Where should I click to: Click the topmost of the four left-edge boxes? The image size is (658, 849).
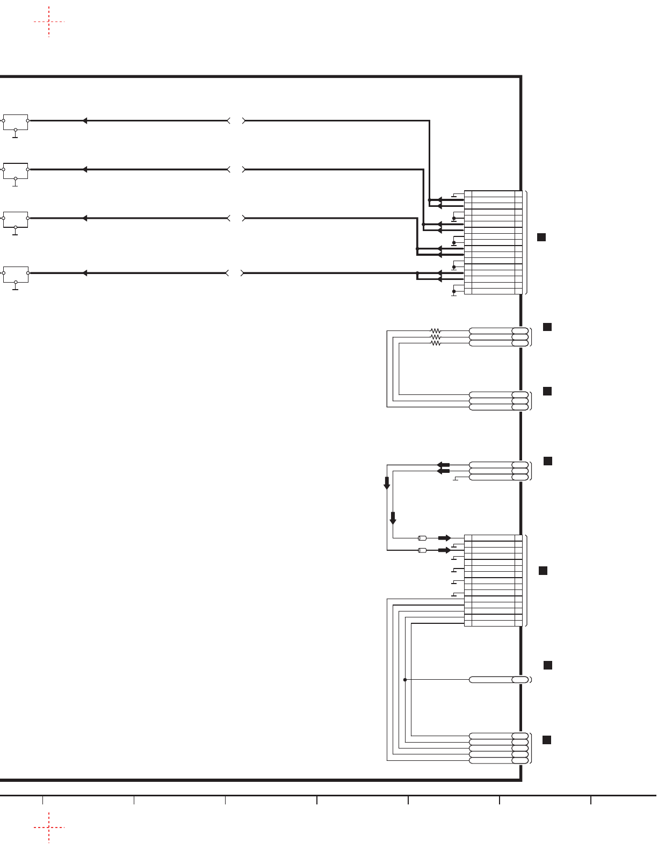tap(16, 121)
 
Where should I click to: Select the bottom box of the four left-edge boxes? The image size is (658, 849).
tap(16, 273)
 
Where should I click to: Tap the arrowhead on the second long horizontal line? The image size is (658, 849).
tap(84, 170)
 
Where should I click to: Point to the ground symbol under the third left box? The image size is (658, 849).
tap(16, 233)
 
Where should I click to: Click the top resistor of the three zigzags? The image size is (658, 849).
tap(436, 331)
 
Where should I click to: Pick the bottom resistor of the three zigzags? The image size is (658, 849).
tap(436, 343)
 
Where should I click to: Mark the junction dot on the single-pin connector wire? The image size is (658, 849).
tap(405, 680)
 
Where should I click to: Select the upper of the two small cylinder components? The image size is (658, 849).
tap(423, 538)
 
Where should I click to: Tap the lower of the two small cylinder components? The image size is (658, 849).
tap(423, 550)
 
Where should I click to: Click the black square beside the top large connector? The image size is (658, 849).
tap(541, 237)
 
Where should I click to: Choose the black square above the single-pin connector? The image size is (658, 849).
tap(548, 665)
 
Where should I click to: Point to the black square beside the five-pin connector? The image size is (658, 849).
tap(547, 740)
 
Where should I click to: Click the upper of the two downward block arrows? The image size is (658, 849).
tap(387, 483)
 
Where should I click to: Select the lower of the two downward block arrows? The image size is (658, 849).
tap(393, 519)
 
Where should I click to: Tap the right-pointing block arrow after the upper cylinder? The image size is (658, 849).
tap(445, 538)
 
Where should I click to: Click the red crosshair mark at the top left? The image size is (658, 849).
tap(49, 22)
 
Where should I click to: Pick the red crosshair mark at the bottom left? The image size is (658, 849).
tap(49, 828)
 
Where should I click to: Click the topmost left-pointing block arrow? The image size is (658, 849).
tap(443, 465)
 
